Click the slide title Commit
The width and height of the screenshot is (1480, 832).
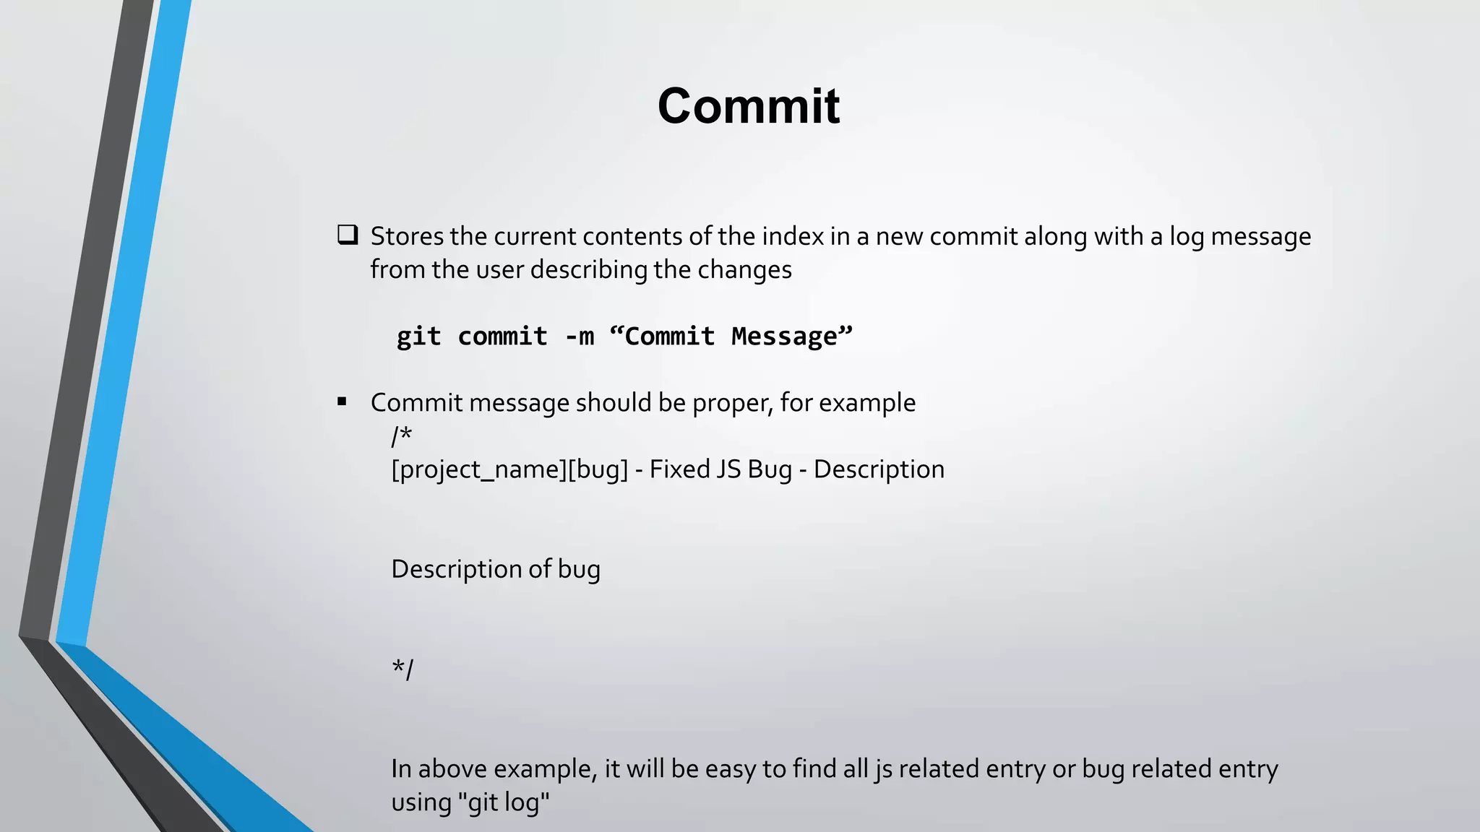click(x=748, y=106)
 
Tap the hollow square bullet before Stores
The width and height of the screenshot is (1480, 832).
click(x=348, y=235)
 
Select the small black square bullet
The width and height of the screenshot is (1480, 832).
click(x=342, y=402)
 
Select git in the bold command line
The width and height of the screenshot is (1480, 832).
click(x=418, y=337)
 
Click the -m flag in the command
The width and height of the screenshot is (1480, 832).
click(x=580, y=337)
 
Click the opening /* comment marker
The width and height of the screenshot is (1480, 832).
click(x=402, y=435)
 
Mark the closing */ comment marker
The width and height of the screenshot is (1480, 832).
click(x=403, y=669)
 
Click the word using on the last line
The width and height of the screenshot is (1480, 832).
click(x=421, y=802)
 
